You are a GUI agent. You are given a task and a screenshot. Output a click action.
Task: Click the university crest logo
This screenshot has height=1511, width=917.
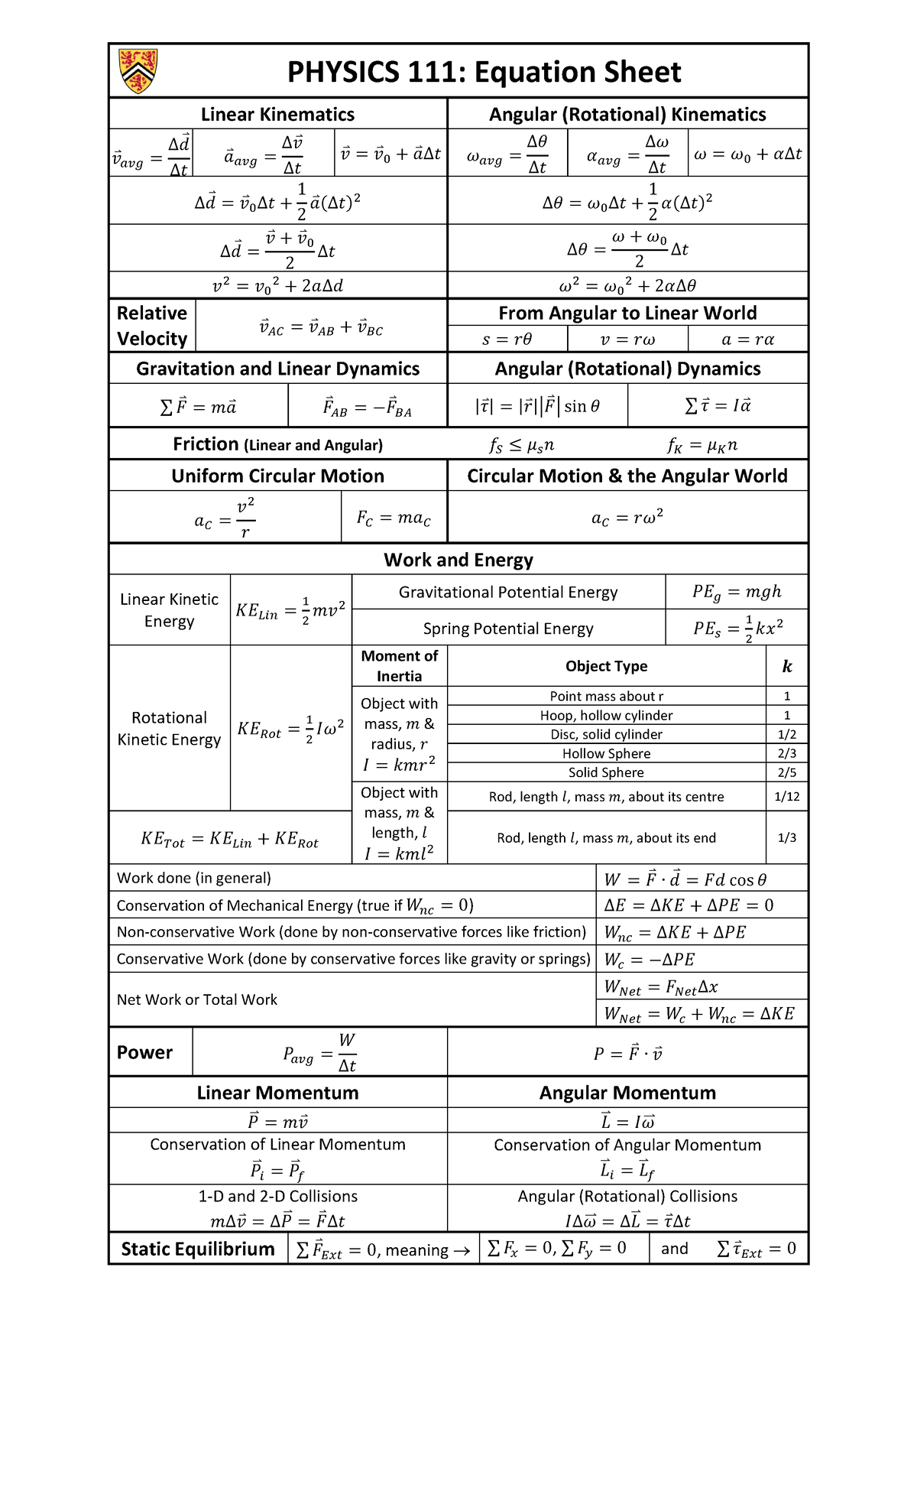[x=138, y=70]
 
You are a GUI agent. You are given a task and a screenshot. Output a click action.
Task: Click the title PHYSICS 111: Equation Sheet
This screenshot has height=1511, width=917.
[x=484, y=72]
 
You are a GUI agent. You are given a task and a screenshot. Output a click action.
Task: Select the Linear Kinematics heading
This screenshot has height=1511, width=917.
[x=277, y=115]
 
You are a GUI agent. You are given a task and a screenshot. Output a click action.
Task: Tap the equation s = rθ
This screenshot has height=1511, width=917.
[x=507, y=340]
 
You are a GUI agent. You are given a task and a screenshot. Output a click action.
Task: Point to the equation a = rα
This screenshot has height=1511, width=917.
[x=747, y=340]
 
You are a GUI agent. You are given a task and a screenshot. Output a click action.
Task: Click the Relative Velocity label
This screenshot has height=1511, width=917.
[x=152, y=326]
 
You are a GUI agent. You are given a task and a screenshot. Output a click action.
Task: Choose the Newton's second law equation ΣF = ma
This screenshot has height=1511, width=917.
[x=198, y=407]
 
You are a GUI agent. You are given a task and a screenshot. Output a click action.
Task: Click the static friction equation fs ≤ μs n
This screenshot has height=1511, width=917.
[x=522, y=445]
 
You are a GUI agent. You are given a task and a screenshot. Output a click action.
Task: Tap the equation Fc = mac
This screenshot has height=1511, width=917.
[x=394, y=518]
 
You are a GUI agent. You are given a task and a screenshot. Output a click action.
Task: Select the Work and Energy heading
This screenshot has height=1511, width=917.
[x=458, y=560]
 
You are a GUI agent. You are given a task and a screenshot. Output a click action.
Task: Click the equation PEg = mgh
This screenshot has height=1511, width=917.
[x=737, y=592]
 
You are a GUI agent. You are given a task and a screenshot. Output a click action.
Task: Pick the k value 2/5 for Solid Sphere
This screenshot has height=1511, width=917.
[x=786, y=772]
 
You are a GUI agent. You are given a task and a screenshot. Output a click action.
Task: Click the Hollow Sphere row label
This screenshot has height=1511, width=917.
[x=606, y=753]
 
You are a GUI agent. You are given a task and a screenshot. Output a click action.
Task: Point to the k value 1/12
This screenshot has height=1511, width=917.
[x=786, y=796]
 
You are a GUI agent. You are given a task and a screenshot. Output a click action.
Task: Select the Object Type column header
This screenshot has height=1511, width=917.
[x=606, y=666]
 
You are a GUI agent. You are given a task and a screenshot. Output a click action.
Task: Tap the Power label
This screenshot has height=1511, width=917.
[x=144, y=1052]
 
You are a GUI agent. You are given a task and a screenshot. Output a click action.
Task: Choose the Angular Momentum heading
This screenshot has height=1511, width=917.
[x=627, y=1093]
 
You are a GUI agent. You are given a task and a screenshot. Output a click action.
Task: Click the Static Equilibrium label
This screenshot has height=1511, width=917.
[x=198, y=1249]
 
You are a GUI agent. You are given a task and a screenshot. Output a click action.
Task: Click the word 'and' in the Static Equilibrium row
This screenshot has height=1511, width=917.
[x=674, y=1249]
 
